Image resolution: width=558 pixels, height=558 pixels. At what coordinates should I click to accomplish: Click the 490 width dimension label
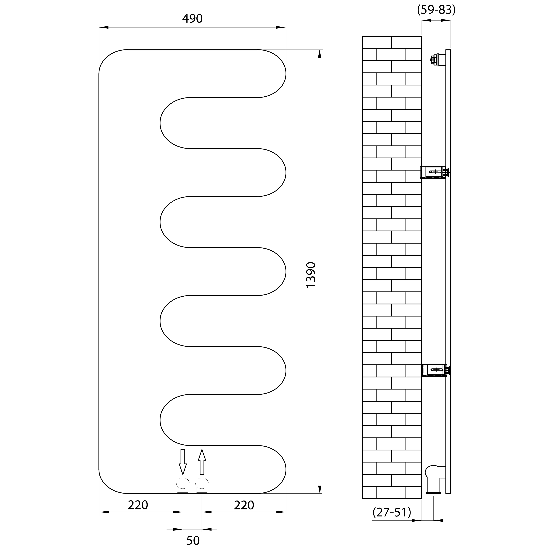coord(192,19)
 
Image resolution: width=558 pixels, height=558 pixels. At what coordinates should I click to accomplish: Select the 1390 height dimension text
coord(311,275)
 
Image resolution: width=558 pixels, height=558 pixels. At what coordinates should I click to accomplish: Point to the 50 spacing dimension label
coord(193,540)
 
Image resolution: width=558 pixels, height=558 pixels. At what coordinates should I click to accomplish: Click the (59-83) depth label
coord(436,10)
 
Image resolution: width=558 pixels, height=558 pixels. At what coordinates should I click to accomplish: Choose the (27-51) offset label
coord(392,512)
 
